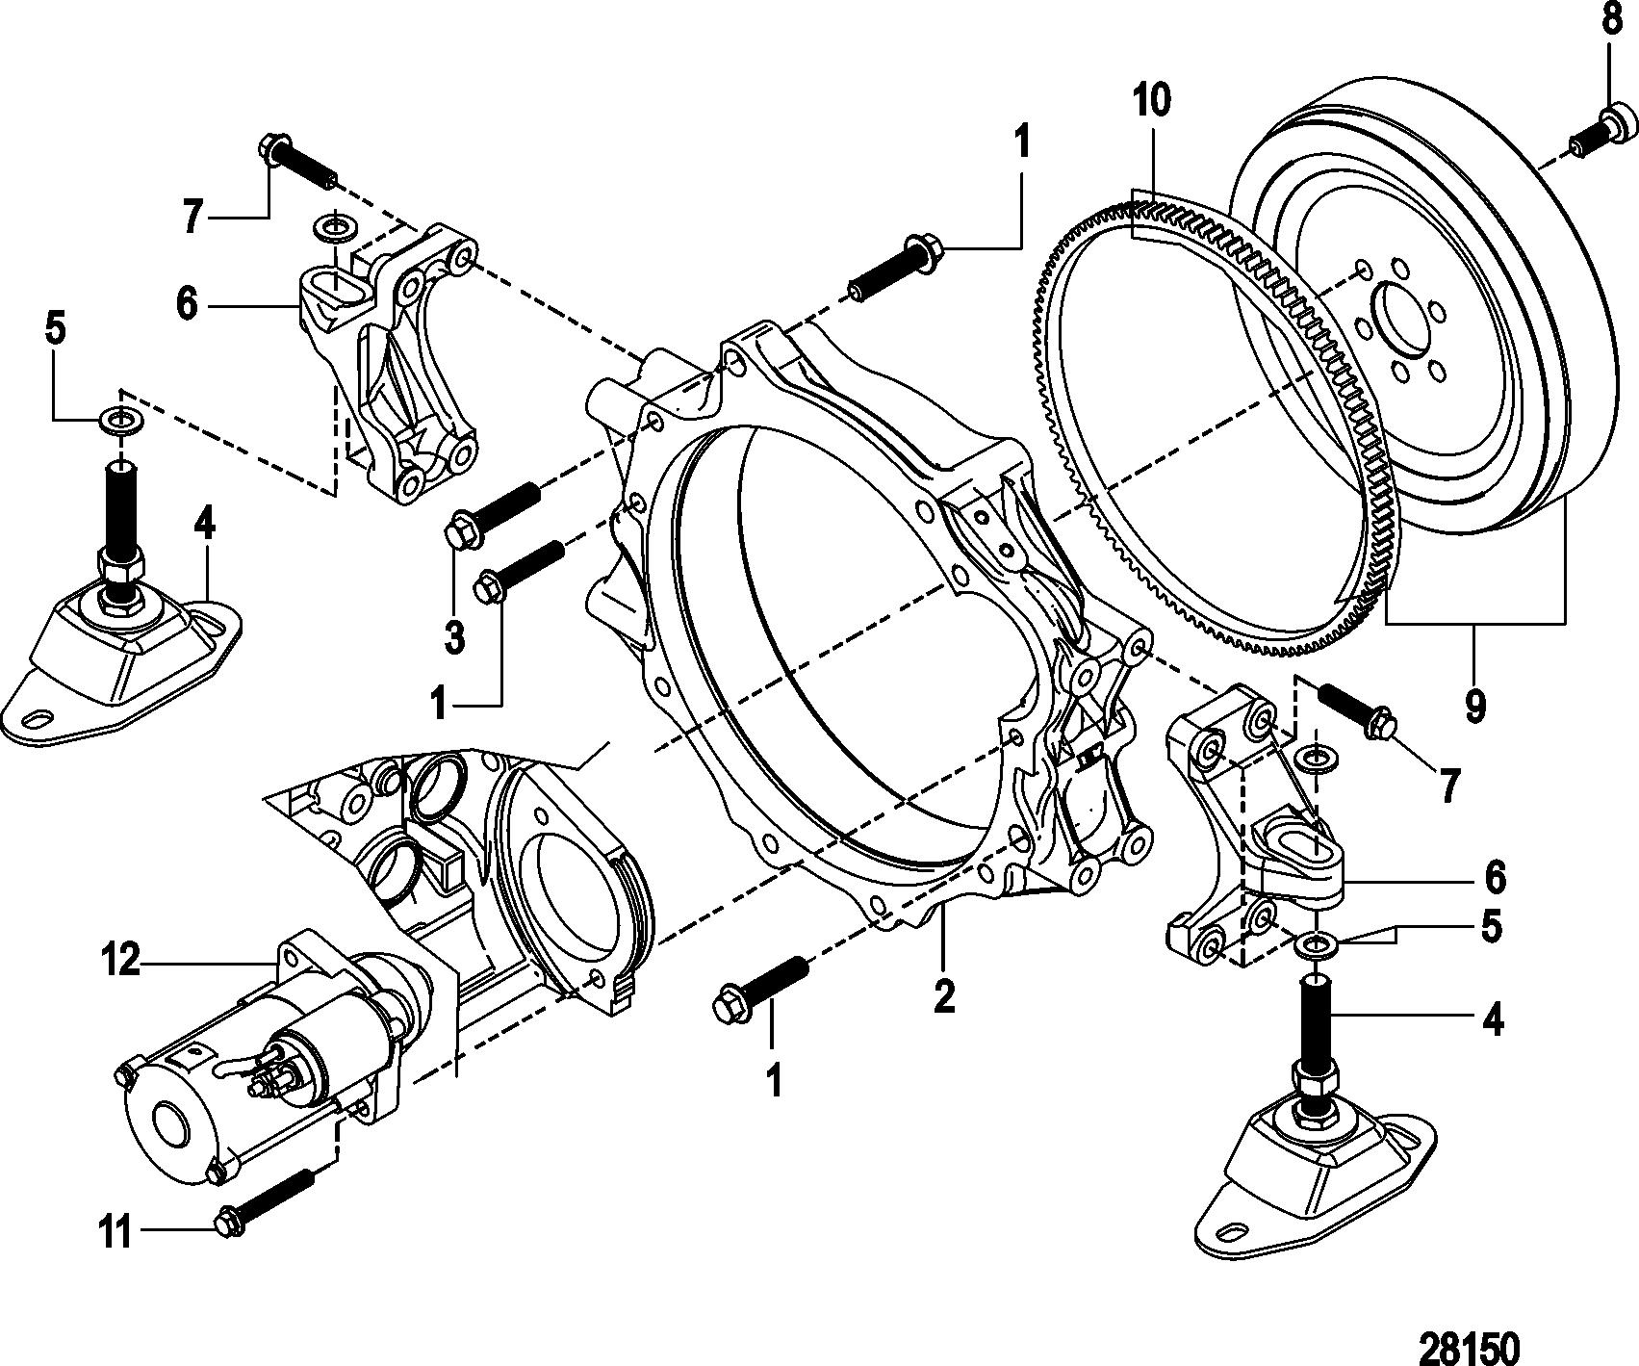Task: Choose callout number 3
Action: click(453, 637)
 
